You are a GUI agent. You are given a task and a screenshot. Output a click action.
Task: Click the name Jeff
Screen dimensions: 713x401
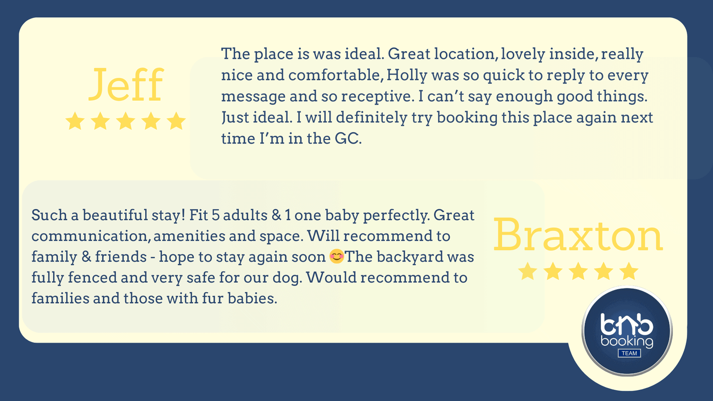(126, 85)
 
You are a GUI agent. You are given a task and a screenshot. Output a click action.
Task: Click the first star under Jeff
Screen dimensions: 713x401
(75, 121)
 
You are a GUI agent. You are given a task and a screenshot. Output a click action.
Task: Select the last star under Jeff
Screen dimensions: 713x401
(176, 121)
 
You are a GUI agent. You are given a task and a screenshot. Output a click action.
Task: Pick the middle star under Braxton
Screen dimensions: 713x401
(578, 271)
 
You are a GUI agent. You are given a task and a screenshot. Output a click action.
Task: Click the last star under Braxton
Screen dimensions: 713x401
(629, 271)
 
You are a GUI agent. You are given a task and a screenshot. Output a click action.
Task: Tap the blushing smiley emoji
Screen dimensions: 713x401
(336, 256)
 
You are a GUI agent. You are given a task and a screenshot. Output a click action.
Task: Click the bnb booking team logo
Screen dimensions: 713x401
(627, 331)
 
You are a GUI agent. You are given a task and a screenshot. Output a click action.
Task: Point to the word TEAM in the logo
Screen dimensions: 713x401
(629, 353)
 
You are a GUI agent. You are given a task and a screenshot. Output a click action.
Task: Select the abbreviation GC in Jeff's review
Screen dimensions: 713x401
(348, 139)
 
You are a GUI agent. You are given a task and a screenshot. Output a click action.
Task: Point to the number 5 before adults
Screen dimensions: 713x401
(216, 216)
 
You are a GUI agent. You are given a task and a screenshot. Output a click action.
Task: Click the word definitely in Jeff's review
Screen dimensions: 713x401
(372, 118)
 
